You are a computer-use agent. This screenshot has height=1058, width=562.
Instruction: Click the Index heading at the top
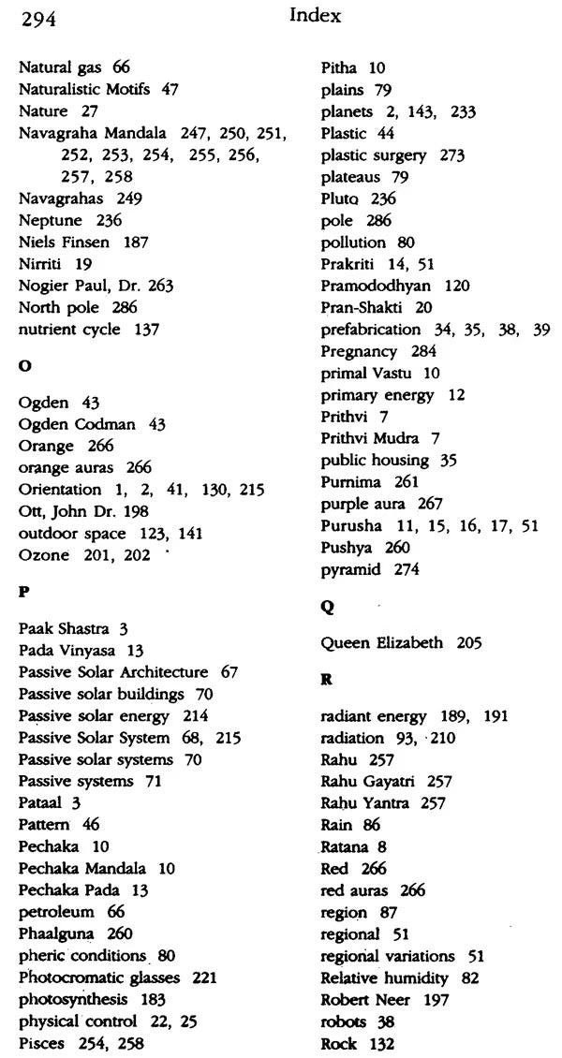coord(315,15)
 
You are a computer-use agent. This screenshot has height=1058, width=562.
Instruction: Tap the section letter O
coord(24,367)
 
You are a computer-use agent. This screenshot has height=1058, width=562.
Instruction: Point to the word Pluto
coord(340,198)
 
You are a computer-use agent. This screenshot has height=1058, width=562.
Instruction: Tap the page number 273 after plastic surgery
coord(452,155)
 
